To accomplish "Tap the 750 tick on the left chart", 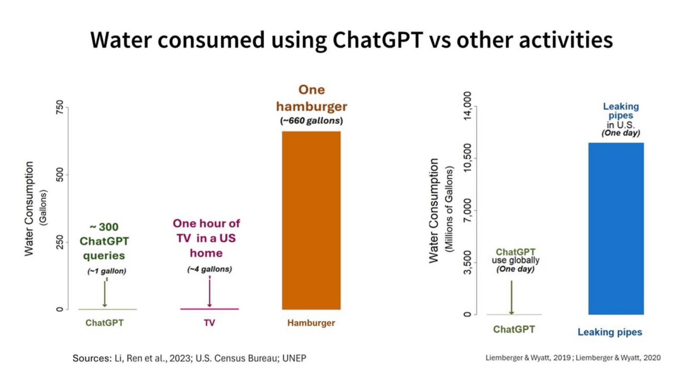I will point(60,107).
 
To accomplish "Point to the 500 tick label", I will point(60,175).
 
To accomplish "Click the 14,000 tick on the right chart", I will point(468,106).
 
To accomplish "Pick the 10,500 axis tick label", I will point(468,158).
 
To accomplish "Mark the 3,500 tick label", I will point(468,263).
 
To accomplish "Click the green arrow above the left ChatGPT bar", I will point(105,294).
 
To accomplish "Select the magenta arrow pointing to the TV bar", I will point(209,293).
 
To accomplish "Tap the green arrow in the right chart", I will point(511,297).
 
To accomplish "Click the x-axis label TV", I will point(209,323).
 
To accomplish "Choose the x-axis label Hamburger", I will point(311,323).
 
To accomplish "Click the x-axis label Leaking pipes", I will point(610,332).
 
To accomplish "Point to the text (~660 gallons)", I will point(311,121).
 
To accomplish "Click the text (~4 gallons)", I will point(209,269).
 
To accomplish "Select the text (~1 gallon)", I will point(107,271).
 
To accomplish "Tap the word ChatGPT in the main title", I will point(378,40).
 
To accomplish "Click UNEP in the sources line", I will point(294,358).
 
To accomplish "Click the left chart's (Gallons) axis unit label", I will point(43,207).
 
